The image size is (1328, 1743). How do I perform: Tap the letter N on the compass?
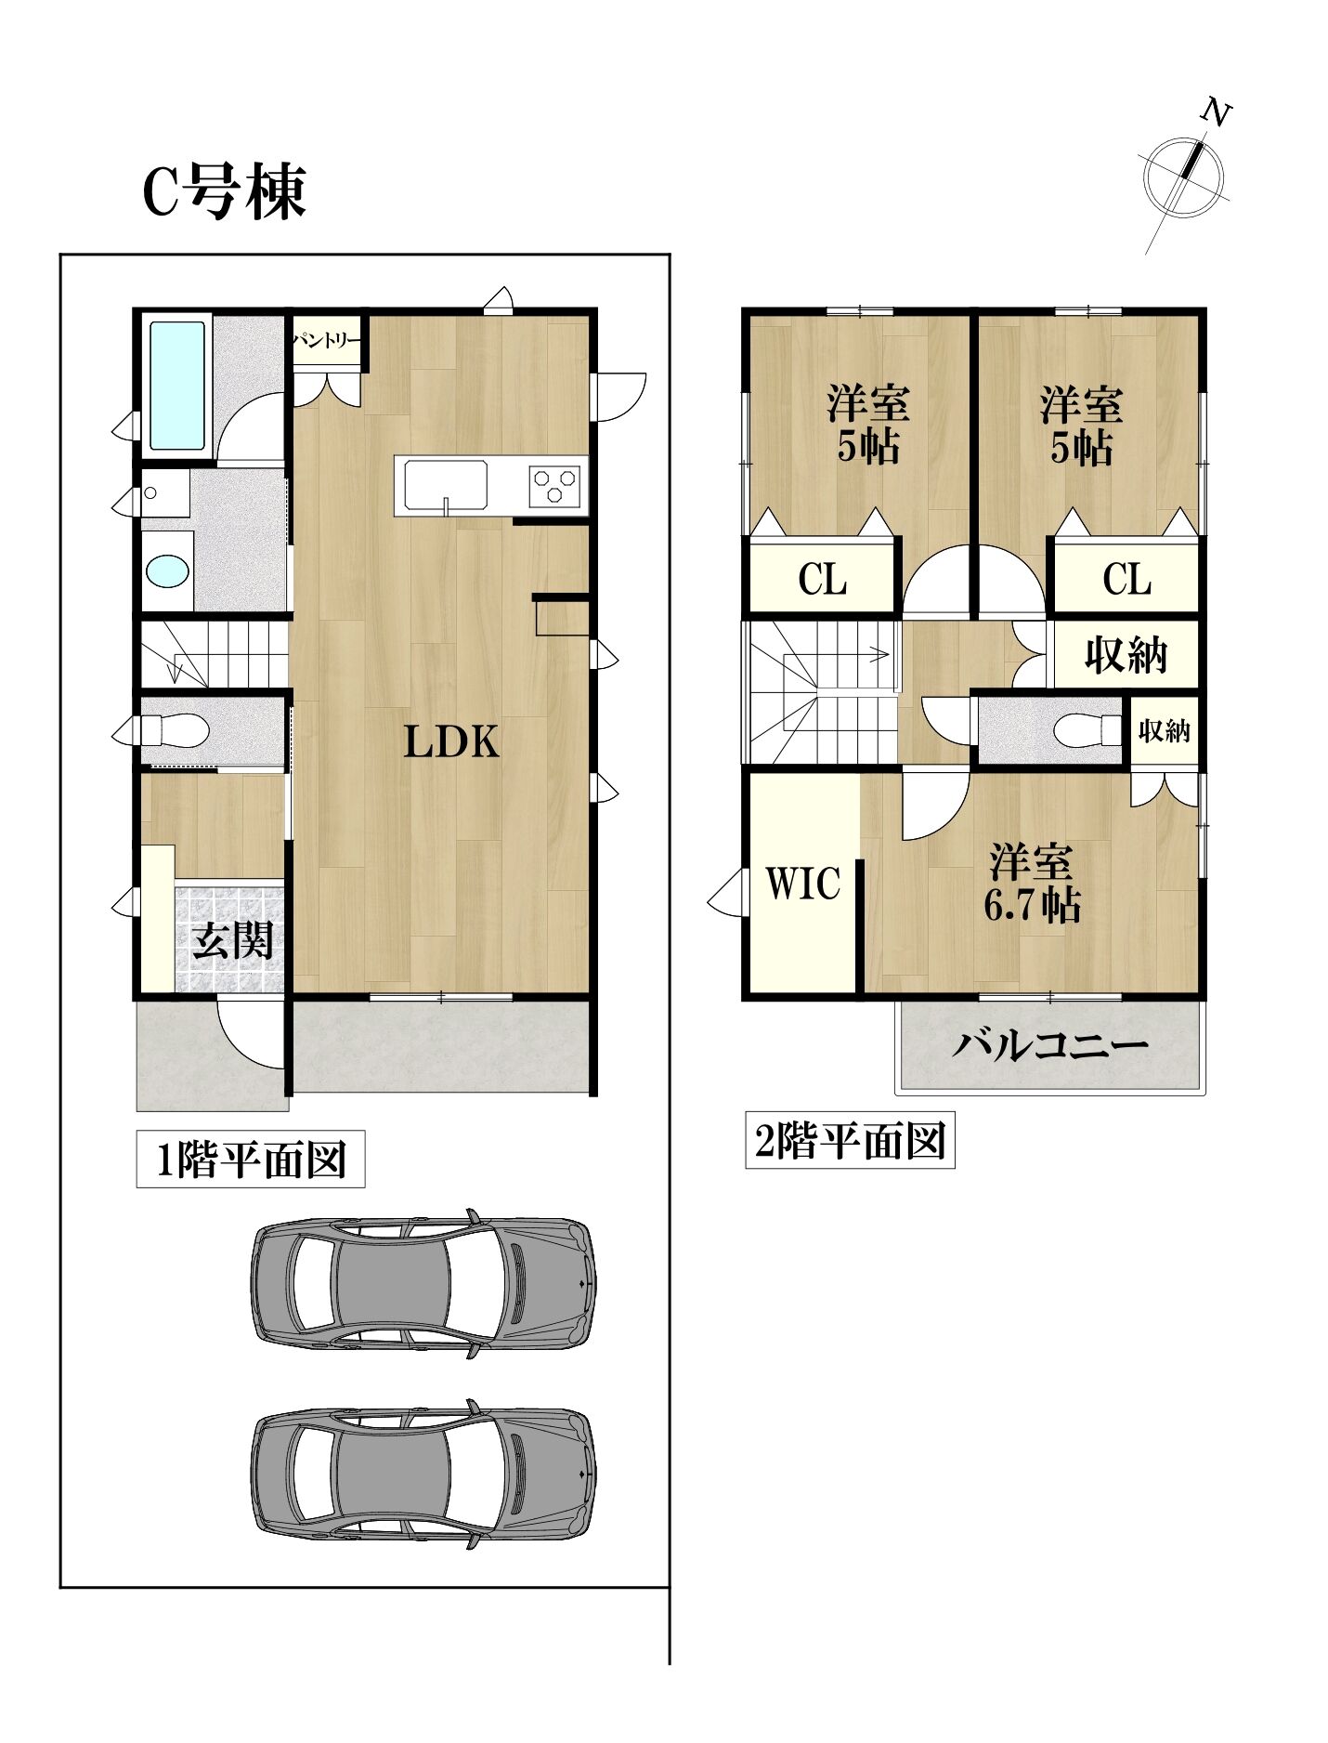[1216, 113]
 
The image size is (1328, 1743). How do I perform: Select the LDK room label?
[451, 741]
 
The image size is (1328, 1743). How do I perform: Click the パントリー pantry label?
[326, 341]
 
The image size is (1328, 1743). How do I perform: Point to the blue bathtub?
[176, 386]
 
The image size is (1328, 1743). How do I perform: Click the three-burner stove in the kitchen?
[554, 483]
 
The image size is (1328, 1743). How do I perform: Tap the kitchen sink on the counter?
[442, 484]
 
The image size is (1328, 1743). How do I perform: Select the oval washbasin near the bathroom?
[168, 571]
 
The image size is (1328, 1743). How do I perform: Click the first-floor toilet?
[172, 728]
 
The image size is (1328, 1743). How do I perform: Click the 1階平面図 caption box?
[251, 1160]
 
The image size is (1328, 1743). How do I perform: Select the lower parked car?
[423, 1476]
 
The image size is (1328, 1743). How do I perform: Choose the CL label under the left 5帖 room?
[822, 580]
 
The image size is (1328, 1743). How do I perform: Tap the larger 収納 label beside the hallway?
[1126, 656]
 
